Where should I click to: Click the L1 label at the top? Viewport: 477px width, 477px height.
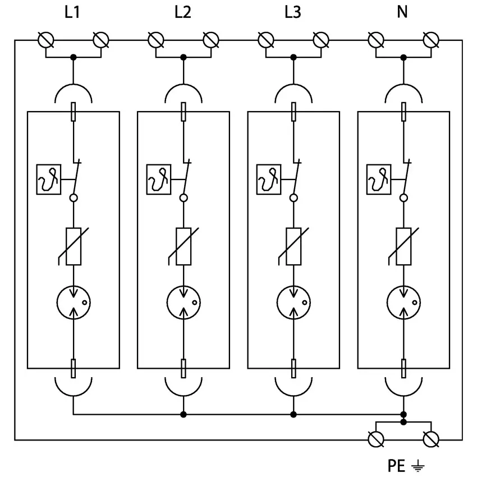point(72,12)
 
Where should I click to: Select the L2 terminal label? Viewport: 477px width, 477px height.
point(182,12)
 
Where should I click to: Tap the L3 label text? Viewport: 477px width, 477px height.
point(292,12)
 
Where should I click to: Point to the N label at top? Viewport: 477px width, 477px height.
point(402,12)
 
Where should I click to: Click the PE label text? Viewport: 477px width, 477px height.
point(396,466)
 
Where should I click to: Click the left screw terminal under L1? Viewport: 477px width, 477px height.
point(45,40)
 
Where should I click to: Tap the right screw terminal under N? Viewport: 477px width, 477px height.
point(430,40)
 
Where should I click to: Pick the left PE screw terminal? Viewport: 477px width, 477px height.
point(375,439)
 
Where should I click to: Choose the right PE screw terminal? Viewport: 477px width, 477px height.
point(430,439)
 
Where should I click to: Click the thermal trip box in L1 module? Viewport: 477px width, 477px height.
point(48,180)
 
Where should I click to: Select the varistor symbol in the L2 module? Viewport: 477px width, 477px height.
point(183,246)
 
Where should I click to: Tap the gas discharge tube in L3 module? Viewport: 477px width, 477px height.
point(293,303)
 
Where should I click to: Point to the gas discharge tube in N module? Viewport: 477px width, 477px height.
point(403,303)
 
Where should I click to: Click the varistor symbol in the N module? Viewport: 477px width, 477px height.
point(403,246)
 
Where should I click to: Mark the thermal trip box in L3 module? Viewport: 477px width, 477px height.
point(268,180)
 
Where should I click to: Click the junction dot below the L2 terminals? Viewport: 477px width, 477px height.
point(183,57)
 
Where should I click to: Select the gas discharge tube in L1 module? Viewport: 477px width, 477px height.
point(73,303)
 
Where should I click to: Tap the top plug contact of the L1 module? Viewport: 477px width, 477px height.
point(73,112)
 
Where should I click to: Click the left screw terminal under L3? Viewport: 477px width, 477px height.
point(265,40)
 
